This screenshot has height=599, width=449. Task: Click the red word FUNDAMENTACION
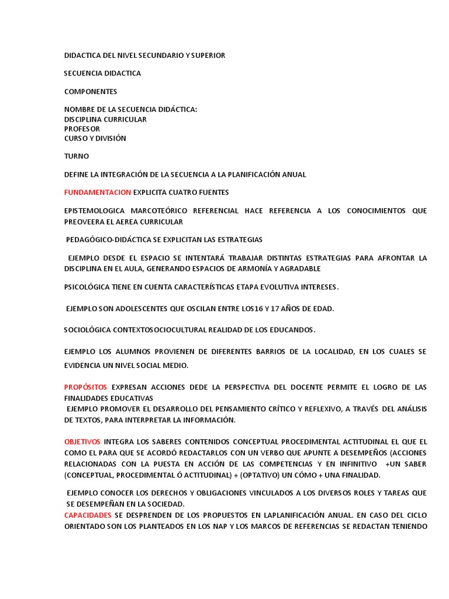98,192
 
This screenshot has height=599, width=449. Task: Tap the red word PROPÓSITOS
85,387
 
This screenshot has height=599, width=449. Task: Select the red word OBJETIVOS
82,441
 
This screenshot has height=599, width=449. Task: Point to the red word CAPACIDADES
88,515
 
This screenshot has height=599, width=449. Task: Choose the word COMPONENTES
91,91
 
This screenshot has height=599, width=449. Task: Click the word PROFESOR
82,129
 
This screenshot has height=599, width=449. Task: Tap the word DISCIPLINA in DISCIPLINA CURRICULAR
85,119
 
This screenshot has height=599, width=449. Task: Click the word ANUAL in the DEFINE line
293,174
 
